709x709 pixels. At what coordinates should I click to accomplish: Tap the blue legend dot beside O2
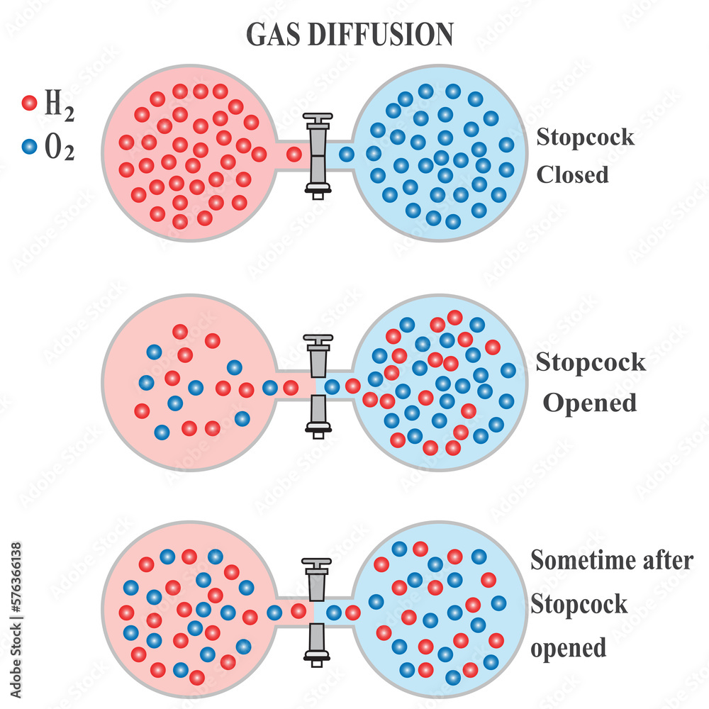click(29, 147)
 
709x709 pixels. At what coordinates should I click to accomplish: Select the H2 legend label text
click(59, 105)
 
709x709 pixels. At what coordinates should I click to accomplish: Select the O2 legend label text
click(59, 149)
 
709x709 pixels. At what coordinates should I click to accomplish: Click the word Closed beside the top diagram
click(572, 174)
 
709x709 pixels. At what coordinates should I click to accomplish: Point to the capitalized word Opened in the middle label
click(589, 403)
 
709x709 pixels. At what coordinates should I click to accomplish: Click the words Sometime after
click(611, 560)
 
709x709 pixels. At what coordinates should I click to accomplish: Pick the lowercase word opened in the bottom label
click(568, 648)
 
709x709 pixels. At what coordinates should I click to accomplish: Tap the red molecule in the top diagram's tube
click(294, 153)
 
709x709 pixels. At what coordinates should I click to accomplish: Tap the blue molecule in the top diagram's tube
click(346, 154)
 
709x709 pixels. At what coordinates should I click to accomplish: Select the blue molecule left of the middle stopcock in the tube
click(269, 387)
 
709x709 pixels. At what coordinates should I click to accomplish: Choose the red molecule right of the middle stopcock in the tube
click(352, 386)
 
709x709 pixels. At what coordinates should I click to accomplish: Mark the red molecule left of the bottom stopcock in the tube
click(298, 611)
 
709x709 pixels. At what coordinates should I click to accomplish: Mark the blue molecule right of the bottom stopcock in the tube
click(333, 613)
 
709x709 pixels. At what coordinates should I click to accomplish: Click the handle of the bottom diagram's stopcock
click(316, 565)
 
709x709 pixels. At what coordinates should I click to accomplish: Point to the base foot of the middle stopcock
click(316, 428)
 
